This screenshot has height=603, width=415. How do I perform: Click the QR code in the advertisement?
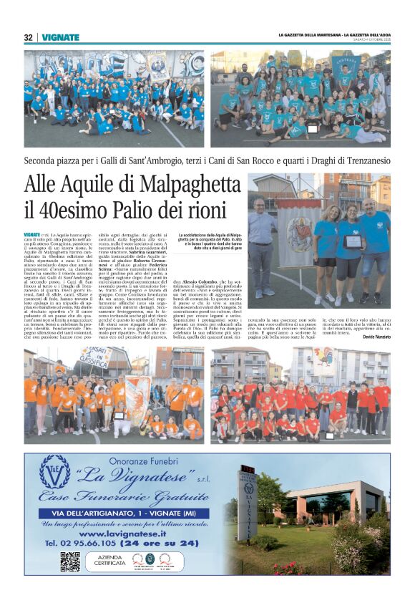pos(70,561)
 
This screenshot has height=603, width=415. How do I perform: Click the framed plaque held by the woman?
pos(352,241)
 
